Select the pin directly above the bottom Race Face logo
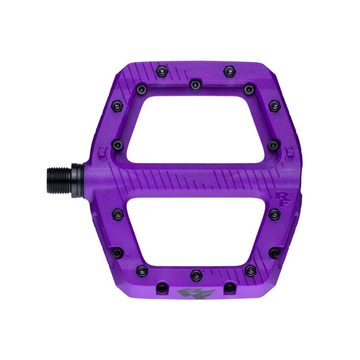[x=195, y=274]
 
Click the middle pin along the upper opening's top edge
[x=195, y=84]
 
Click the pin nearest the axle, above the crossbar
[x=117, y=144]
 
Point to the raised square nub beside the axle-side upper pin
[x=103, y=148]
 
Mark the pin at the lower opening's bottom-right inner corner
[x=251, y=270]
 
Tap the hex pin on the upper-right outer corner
[x=274, y=106]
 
